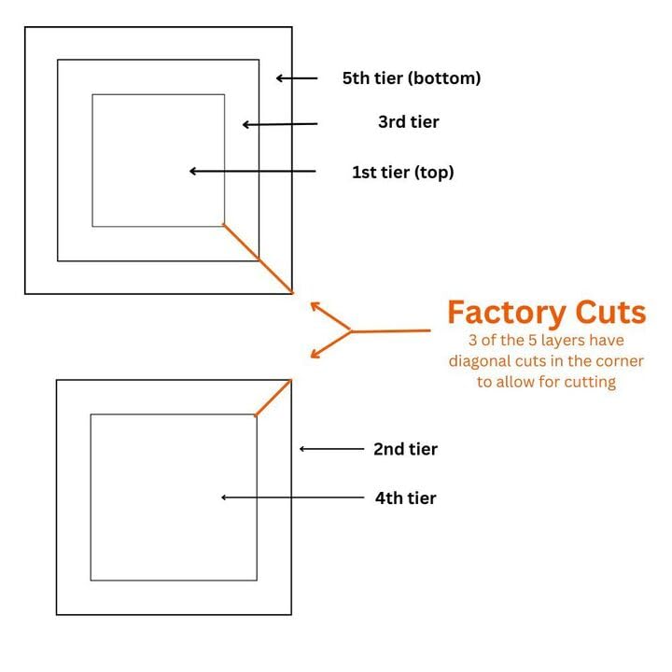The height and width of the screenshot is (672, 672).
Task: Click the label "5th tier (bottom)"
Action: click(x=412, y=78)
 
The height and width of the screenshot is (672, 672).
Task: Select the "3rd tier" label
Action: click(x=408, y=122)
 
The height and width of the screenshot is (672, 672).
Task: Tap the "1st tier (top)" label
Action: click(x=402, y=172)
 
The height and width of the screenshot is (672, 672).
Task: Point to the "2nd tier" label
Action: click(x=405, y=449)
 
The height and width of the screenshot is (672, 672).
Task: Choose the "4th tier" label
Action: click(x=405, y=498)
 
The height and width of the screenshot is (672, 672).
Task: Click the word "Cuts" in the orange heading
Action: click(x=611, y=312)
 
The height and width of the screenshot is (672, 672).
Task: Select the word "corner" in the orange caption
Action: click(x=618, y=361)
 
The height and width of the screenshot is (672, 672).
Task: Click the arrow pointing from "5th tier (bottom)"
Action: click(x=297, y=78)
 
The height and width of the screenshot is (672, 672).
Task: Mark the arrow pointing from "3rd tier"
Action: click(x=280, y=124)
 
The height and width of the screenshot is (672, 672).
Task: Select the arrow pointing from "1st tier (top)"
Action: click(x=252, y=171)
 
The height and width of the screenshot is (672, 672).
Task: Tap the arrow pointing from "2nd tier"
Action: click(x=331, y=449)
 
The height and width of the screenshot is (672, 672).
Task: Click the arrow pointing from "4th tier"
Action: click(x=291, y=497)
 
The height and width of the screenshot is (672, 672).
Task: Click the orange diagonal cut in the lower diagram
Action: click(x=273, y=398)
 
